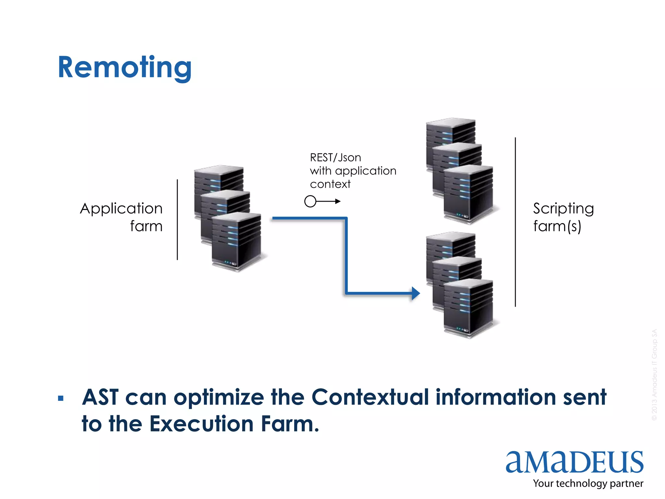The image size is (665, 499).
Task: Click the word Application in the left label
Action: click(x=121, y=209)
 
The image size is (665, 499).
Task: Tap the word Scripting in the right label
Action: click(x=563, y=209)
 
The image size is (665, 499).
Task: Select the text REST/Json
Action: click(x=335, y=158)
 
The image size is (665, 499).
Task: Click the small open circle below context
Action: click(x=310, y=201)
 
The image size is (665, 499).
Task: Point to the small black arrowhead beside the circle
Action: click(x=338, y=201)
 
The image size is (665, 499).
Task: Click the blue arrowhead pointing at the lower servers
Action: click(x=416, y=293)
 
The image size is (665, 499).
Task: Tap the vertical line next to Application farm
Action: click(x=177, y=220)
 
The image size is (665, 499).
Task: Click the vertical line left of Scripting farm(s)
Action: click(x=515, y=222)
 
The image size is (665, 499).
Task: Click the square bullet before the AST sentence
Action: click(x=61, y=398)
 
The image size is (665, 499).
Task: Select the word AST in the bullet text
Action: click(x=100, y=397)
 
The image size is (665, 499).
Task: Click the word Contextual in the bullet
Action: click(x=370, y=397)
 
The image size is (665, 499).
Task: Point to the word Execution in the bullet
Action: click(x=201, y=424)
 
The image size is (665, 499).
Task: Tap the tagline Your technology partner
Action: click(x=588, y=483)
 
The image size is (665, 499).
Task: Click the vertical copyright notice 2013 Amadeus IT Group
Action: click(x=654, y=375)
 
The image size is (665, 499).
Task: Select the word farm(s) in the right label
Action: click(x=557, y=226)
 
